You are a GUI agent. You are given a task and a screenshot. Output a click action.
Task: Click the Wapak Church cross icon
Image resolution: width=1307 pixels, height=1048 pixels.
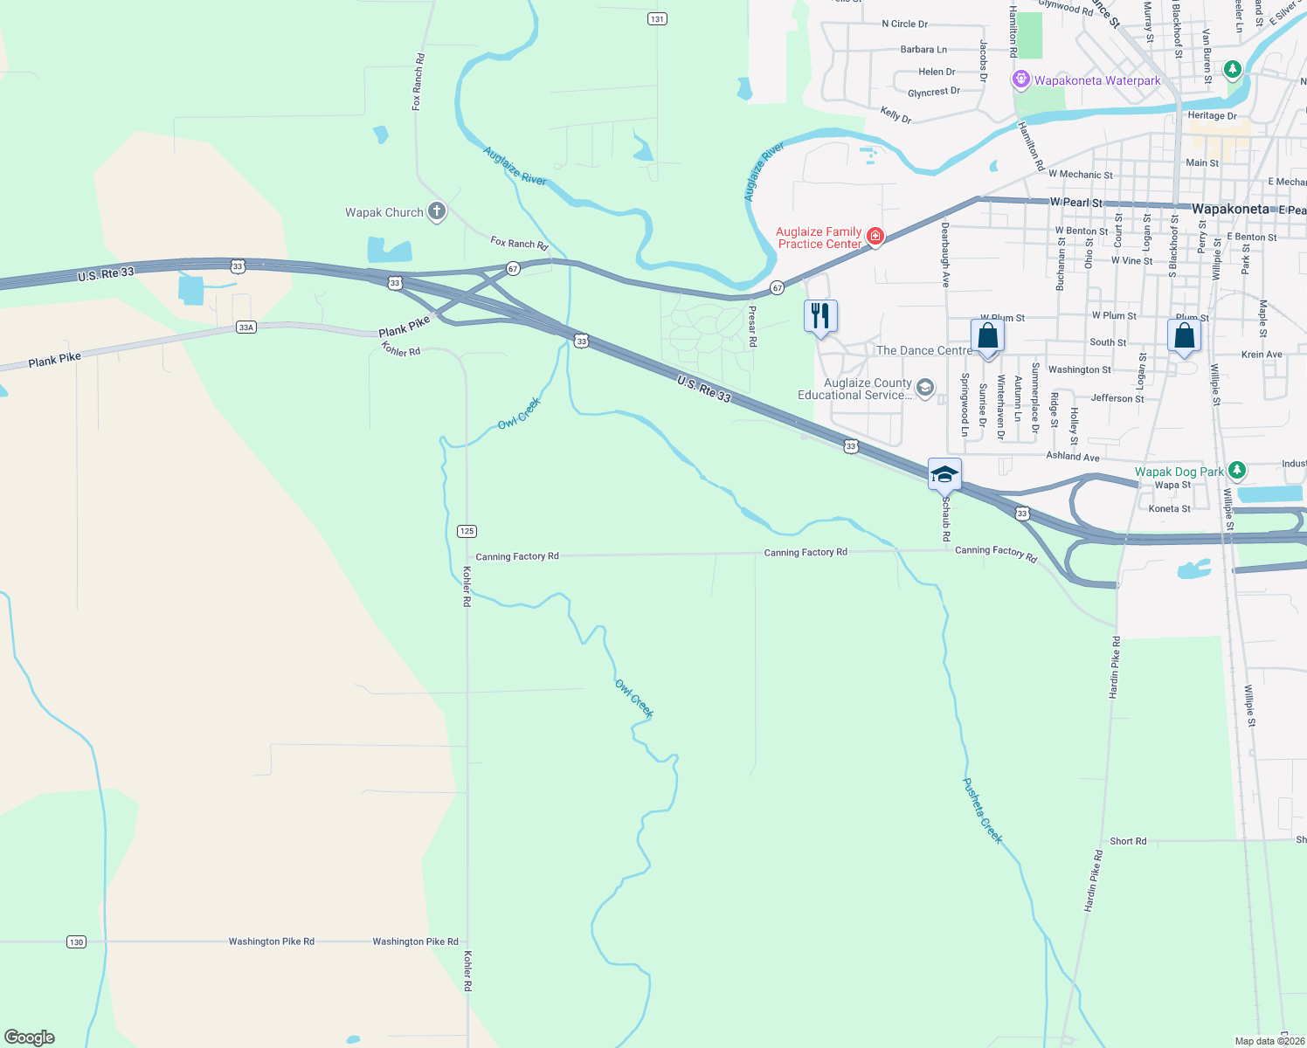(x=436, y=211)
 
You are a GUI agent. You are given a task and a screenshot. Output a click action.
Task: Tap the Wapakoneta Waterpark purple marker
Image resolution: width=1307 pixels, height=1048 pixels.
(x=1020, y=80)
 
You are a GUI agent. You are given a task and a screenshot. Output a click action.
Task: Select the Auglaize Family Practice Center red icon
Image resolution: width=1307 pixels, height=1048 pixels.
(x=875, y=236)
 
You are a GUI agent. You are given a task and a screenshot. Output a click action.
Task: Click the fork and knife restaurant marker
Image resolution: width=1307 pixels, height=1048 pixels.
(x=820, y=315)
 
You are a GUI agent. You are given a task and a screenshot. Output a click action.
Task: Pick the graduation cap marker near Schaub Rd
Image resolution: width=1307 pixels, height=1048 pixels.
(x=944, y=474)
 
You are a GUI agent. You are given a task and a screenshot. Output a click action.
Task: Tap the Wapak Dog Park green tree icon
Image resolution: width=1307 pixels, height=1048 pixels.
(x=1236, y=471)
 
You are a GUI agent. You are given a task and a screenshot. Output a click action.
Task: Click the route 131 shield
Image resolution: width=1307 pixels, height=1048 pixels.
(x=657, y=18)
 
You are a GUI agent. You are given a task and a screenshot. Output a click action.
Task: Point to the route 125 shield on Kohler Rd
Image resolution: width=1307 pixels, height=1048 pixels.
(x=467, y=531)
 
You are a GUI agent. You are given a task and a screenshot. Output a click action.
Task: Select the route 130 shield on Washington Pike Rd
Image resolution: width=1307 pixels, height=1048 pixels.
(x=77, y=941)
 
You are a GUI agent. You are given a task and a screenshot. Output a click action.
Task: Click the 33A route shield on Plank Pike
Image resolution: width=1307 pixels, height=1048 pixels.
(x=245, y=327)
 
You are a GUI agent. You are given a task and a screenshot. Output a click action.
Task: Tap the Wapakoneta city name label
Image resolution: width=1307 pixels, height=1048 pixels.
(x=1230, y=210)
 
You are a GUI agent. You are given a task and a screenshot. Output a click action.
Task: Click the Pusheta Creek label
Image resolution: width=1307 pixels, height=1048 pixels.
(x=982, y=810)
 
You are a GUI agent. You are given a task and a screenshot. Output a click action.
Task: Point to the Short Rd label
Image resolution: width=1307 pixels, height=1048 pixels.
(x=1128, y=841)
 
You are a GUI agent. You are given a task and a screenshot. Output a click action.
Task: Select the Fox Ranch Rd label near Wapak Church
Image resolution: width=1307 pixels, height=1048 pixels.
(x=519, y=243)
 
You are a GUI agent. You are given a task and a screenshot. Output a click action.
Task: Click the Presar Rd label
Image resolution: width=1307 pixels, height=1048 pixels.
(x=752, y=326)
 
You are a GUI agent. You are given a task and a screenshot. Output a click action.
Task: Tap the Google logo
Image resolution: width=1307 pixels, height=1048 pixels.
(x=30, y=1037)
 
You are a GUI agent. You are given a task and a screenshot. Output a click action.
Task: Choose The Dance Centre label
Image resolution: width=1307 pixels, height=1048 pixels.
(x=923, y=350)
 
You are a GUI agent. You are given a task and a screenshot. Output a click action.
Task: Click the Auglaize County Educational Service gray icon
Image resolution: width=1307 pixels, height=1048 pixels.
(x=925, y=388)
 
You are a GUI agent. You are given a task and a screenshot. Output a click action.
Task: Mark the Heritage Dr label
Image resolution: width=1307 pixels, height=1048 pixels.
(x=1212, y=115)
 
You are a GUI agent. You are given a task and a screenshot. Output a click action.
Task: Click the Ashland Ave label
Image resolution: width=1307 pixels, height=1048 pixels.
(x=1073, y=457)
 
